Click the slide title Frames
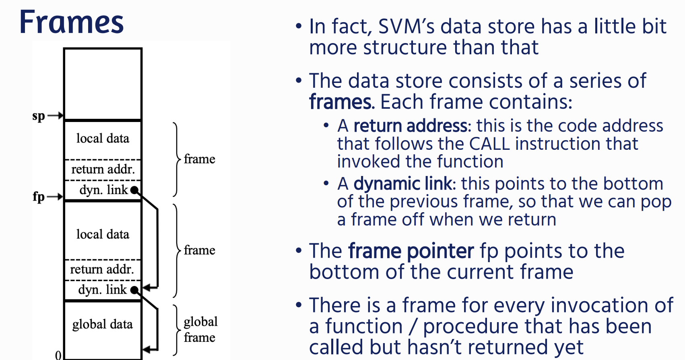click(72, 22)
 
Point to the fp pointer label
click(39, 197)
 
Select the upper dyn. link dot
click(134, 190)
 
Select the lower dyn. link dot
click(134, 290)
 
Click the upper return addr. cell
click(103, 170)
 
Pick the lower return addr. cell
click(103, 270)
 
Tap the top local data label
click(103, 139)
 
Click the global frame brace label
click(200, 330)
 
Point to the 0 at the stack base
click(58, 355)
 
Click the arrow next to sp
click(56, 116)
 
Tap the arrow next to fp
click(56, 197)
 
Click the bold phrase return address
click(411, 126)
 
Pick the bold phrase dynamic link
click(402, 184)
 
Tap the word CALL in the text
click(489, 144)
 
